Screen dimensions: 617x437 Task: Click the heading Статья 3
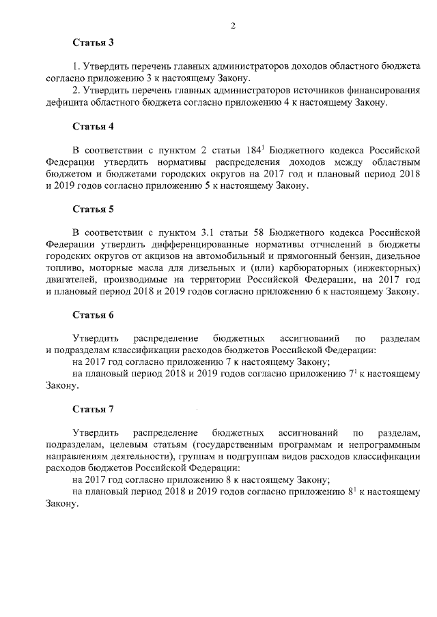[x=93, y=42]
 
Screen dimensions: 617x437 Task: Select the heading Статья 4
[x=93, y=126]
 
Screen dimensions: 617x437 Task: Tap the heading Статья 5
[x=93, y=209]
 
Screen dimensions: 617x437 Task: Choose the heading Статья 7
[x=93, y=409]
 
